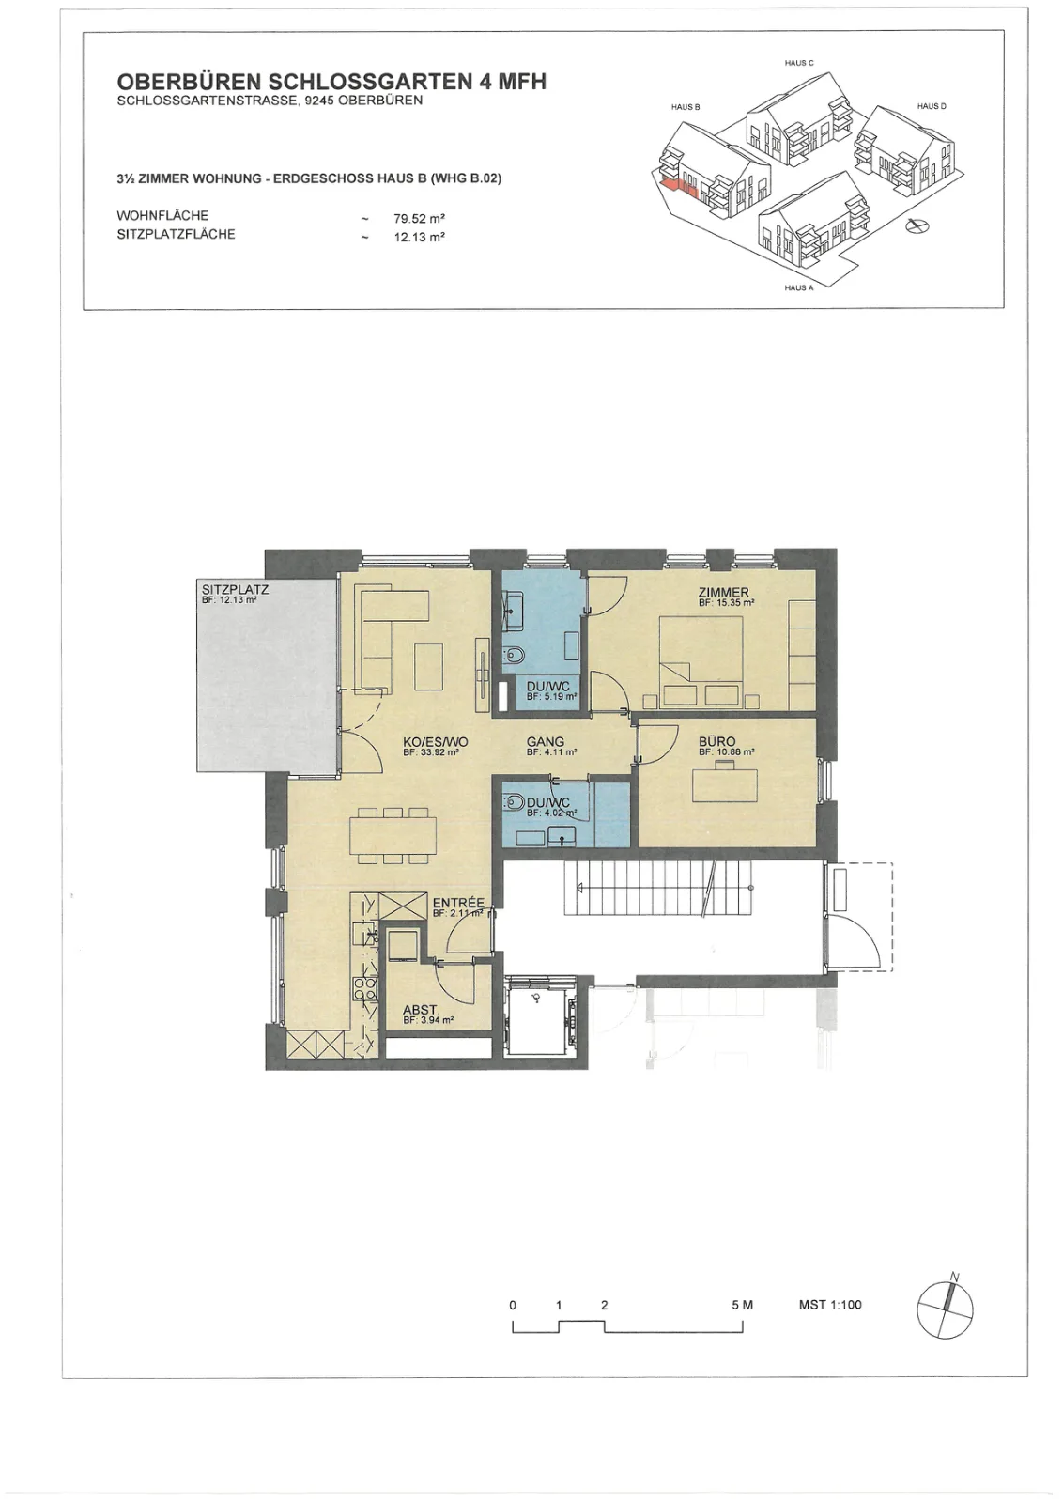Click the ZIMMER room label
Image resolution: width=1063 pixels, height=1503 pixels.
[x=723, y=593]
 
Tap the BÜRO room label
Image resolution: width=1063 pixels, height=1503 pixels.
[x=716, y=742]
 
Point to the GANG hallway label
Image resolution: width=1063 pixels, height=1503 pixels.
[x=546, y=742]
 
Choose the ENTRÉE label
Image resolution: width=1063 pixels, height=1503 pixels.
[x=458, y=903]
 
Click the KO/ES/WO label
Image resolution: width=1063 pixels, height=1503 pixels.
[x=436, y=742]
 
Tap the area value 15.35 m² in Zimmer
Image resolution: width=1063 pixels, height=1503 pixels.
[x=726, y=603]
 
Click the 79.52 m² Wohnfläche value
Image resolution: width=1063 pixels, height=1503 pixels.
[x=420, y=219]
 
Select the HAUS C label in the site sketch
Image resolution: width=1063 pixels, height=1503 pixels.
[x=799, y=63]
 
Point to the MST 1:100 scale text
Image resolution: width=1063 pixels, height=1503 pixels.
[x=829, y=1305]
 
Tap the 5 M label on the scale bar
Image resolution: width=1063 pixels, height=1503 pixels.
[x=743, y=1305]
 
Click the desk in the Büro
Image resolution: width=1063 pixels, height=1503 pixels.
[x=725, y=783]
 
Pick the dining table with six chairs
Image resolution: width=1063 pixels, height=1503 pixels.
[x=393, y=835]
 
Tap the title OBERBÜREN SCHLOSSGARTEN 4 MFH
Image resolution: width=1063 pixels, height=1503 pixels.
[x=332, y=82]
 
